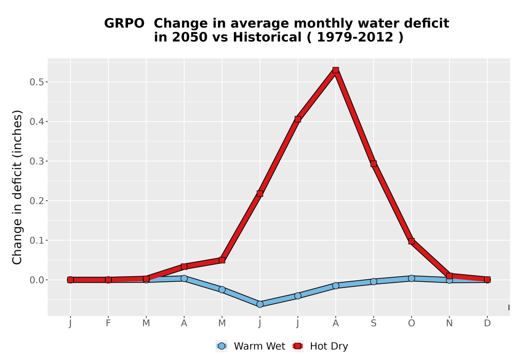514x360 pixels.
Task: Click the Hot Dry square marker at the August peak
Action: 335,70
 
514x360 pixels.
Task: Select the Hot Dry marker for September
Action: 373,164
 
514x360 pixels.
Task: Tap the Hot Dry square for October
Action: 411,241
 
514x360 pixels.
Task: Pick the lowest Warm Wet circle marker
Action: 260,304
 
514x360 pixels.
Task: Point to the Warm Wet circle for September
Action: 373,281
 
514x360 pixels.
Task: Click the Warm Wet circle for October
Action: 411,278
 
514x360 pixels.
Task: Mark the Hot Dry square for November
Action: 449,276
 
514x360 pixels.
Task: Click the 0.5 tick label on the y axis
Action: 36,82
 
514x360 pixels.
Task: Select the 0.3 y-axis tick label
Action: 36,161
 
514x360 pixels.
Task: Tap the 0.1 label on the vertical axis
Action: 36,240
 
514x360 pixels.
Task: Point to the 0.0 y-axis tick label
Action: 36,280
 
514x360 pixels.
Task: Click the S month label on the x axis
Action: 373,323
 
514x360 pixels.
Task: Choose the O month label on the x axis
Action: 411,323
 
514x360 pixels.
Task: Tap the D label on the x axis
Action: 487,323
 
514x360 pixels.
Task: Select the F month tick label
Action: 108,323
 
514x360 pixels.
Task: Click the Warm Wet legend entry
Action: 250,346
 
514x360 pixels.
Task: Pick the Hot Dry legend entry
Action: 320,346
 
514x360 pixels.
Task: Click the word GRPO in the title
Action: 124,24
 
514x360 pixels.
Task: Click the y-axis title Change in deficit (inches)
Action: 17,187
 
